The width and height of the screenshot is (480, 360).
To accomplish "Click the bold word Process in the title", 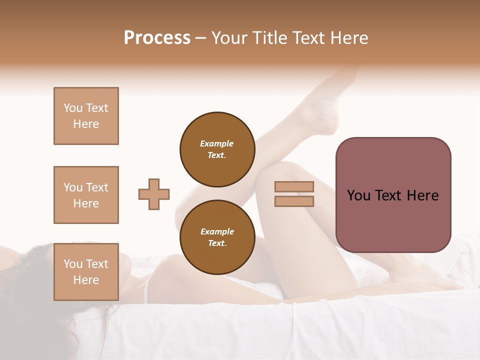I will (157, 38).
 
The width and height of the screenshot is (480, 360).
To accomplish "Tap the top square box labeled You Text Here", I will (86, 116).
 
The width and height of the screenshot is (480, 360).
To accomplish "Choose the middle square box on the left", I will (86, 195).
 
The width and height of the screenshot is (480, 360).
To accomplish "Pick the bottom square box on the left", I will (86, 272).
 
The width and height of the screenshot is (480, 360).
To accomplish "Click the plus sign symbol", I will (154, 194).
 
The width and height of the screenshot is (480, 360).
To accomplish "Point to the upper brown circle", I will (217, 149).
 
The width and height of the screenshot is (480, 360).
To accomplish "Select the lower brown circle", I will (217, 237).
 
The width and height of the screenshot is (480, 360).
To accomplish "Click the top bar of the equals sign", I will (294, 187).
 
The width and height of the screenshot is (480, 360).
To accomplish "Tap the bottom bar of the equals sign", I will (294, 201).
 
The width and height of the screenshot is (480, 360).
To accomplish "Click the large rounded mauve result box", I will (393, 195).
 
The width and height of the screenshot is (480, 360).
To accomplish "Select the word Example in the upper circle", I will (217, 143).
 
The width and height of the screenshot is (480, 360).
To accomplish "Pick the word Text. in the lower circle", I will (217, 243).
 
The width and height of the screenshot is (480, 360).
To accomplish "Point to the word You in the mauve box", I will (359, 195).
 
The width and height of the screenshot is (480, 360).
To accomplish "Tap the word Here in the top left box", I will (86, 124).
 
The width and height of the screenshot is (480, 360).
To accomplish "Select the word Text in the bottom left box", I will (96, 264).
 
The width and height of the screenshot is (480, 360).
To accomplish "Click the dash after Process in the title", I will (201, 38).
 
